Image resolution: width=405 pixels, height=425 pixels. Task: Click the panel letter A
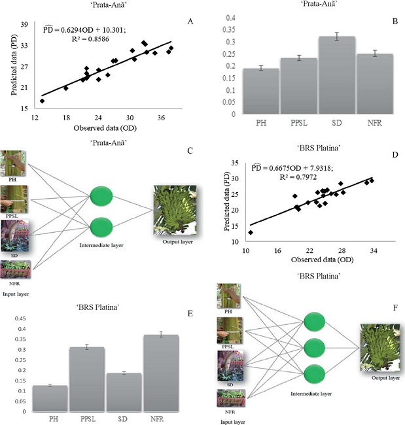[x=190, y=22]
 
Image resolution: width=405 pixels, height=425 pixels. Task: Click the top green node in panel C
[x=101, y=195]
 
